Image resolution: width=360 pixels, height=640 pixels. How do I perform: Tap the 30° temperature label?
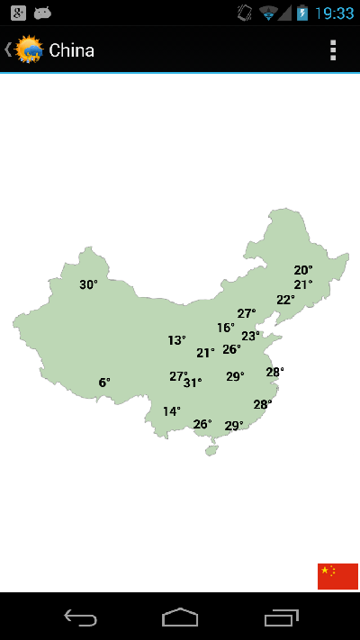(88, 284)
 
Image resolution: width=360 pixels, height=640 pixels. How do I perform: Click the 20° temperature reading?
(303, 270)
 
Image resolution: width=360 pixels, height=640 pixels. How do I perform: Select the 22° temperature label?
(285, 300)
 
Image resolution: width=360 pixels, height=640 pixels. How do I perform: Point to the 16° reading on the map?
(225, 329)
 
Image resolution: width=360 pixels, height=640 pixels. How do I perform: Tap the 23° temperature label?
(250, 337)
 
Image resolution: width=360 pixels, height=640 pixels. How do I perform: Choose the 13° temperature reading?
(176, 340)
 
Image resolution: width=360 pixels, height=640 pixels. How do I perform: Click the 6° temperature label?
(104, 383)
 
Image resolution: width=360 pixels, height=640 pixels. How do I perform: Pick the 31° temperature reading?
(193, 383)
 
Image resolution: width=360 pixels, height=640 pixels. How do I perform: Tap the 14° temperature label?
(171, 411)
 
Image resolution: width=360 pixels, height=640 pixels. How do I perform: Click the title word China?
(71, 50)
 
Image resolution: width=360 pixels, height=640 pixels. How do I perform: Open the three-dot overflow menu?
(333, 50)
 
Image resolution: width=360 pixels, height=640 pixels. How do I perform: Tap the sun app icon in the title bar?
(29, 50)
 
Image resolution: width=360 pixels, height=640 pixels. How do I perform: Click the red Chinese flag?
(337, 576)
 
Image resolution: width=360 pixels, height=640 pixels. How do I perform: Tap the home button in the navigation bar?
(180, 617)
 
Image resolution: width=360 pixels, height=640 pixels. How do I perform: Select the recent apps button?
(282, 617)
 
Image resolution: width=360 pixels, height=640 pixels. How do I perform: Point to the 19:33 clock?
(335, 13)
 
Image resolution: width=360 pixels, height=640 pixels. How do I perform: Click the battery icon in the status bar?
(302, 13)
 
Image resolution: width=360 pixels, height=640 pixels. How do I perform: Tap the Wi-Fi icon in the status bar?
(268, 13)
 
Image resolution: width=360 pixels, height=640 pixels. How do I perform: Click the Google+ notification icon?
(17, 13)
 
